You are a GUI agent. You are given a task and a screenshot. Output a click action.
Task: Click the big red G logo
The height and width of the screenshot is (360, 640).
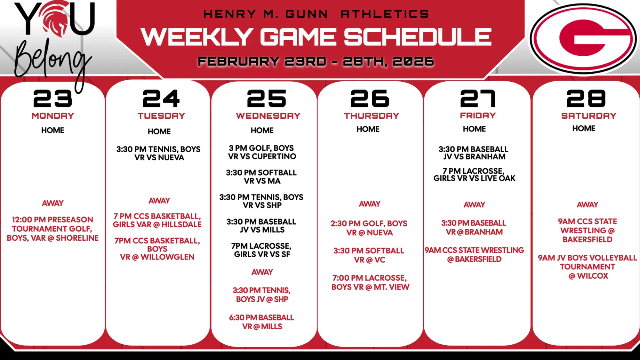(583, 39)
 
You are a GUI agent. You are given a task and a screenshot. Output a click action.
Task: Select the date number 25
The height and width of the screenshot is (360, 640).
(267, 98)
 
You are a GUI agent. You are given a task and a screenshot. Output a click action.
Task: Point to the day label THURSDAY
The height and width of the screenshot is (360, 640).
(372, 116)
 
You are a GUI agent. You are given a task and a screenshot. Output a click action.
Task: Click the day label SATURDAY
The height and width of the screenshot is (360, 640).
(589, 116)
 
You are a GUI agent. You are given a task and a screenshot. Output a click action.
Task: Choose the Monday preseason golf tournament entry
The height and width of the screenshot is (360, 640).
(53, 229)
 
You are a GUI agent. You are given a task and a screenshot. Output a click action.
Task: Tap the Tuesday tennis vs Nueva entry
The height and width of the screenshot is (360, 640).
(159, 153)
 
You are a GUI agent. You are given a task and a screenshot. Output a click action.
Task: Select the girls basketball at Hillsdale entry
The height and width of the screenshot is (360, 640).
(157, 220)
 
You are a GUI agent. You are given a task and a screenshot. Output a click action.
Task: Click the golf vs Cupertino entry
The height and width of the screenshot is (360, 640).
(262, 152)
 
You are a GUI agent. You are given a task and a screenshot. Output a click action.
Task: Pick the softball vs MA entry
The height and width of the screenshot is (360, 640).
(262, 177)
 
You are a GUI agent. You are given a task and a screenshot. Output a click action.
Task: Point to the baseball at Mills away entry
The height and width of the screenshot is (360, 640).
(262, 322)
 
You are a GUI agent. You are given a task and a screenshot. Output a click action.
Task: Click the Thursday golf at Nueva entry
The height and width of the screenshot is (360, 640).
(369, 228)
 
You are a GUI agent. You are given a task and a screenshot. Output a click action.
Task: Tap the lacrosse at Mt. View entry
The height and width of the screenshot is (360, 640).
(370, 282)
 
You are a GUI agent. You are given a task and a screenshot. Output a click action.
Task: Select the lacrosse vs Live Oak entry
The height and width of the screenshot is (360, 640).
(474, 175)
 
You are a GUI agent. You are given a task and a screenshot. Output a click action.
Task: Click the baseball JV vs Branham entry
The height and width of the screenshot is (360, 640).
(474, 153)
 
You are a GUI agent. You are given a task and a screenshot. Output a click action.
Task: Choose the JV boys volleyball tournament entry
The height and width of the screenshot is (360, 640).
(588, 267)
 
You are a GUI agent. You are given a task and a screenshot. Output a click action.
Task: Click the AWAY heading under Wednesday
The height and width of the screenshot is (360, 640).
(262, 272)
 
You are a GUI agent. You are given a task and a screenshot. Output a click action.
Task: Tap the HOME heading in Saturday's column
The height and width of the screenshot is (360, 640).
(584, 128)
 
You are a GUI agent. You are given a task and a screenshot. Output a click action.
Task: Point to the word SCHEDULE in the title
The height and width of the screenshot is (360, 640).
(418, 37)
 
